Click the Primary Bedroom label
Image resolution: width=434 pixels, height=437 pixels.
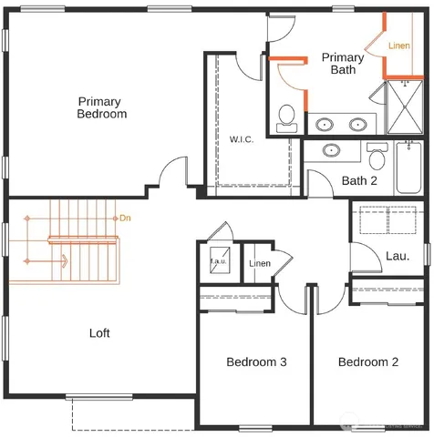[x=102, y=107]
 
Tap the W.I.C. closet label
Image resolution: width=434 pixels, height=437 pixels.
[x=242, y=139]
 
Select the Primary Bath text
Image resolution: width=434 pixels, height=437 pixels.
[x=343, y=64]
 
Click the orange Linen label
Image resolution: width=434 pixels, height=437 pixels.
[x=399, y=46]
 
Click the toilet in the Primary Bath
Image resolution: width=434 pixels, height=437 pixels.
[x=287, y=116]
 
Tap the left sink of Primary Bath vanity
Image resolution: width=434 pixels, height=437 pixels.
[x=325, y=125]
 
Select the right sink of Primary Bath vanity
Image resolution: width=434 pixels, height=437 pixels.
[x=356, y=125]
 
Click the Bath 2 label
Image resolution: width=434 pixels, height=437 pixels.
[x=359, y=180]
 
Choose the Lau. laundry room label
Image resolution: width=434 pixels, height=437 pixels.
[x=396, y=256]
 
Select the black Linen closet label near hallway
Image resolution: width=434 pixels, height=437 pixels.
[x=259, y=264]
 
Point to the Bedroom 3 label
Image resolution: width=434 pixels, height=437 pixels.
[x=256, y=362]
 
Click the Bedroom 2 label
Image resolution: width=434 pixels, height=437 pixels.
[x=368, y=362]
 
